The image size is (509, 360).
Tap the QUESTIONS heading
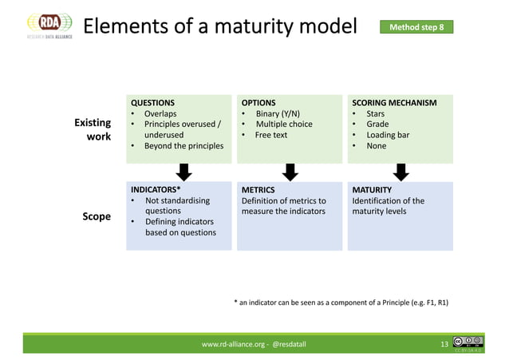152,103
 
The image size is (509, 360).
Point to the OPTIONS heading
258,103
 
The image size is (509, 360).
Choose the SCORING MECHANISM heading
394,103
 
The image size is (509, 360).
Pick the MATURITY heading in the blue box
372,190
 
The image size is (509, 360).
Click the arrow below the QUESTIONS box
183,172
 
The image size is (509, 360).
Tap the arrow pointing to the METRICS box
291,172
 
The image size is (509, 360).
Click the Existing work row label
93,130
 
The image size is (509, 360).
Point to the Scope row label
96,216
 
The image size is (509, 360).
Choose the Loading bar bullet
387,136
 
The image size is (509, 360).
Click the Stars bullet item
375,114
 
